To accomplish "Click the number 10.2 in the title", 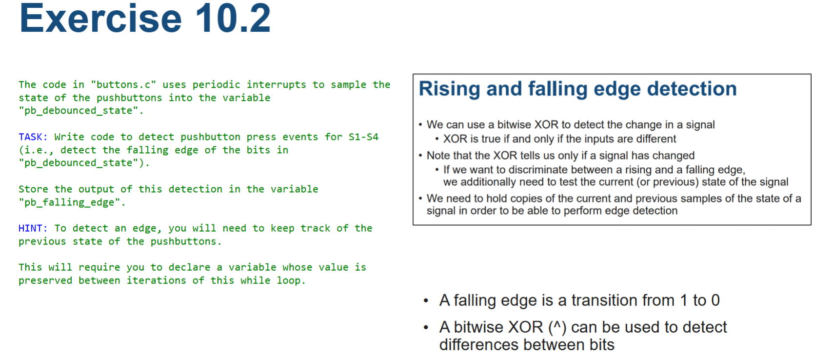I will [233, 19].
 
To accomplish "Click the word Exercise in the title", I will [100, 19].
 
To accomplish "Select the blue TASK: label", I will [33, 137].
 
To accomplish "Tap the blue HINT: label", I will [33, 228].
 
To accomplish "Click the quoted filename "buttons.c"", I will [123, 85].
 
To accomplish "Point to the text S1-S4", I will [363, 137].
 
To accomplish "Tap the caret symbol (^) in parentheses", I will [557, 327].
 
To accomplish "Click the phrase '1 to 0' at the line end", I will [699, 300].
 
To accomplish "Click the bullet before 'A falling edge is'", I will [426, 301].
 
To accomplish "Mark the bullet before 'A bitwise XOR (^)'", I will [426, 327].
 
